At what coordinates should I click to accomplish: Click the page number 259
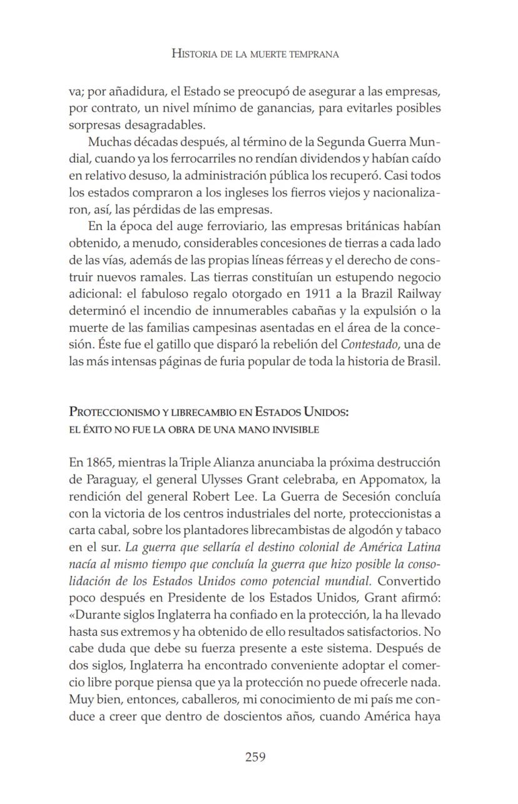point(255,757)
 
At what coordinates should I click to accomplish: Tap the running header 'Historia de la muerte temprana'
point(255,54)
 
